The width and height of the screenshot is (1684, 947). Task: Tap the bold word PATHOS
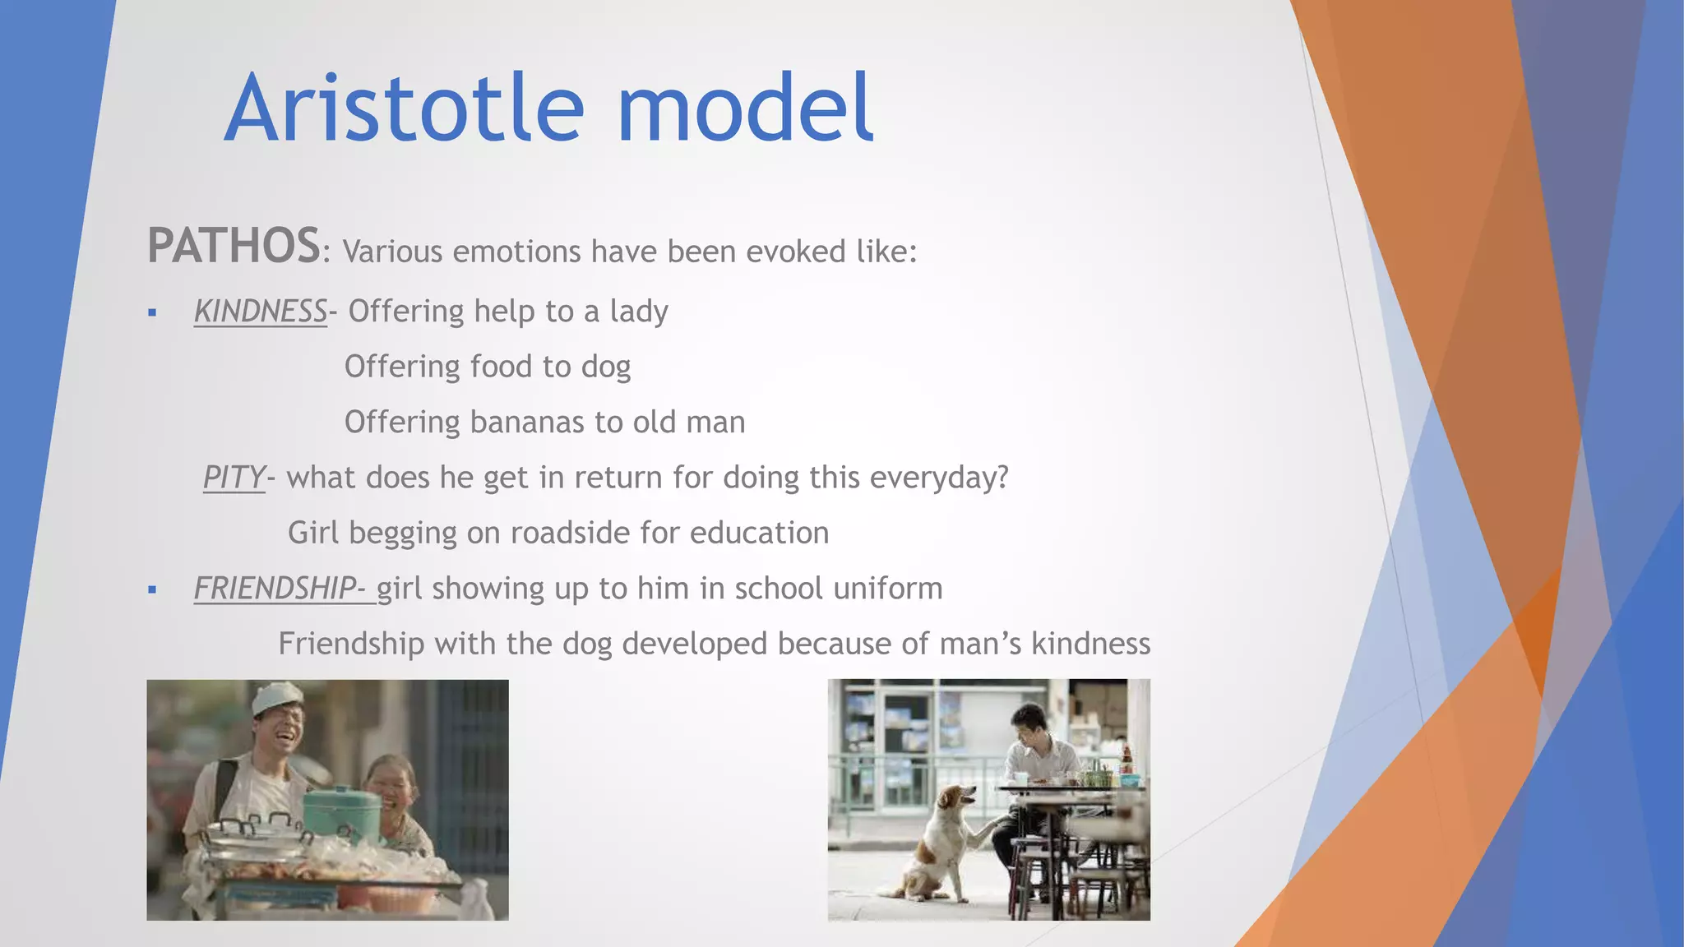click(234, 246)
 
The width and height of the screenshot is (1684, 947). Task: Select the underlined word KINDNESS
click(261, 312)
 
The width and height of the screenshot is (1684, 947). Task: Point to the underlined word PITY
click(234, 478)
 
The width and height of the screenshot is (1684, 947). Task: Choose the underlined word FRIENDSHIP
click(275, 589)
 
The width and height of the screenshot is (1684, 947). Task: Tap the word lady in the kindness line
click(638, 312)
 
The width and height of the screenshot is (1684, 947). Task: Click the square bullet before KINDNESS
click(152, 312)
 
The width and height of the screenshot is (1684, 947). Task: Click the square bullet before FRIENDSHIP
click(152, 589)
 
